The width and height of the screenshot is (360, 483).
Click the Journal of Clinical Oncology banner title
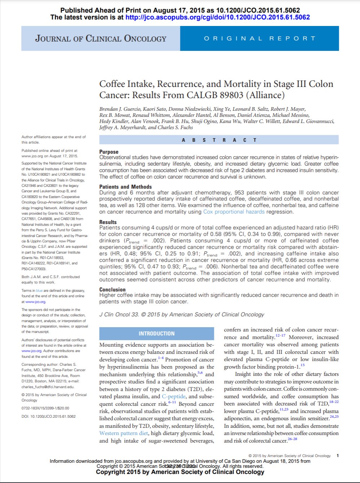pos(101,39)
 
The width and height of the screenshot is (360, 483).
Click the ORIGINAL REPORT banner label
pos(260,39)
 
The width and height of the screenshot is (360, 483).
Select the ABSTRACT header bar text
pos(219,140)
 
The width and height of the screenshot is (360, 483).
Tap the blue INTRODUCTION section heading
pos(157,334)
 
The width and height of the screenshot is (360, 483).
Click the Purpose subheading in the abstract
pos(109,152)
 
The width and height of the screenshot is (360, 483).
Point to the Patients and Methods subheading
pos(126,187)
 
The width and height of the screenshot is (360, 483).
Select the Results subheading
pos(108,222)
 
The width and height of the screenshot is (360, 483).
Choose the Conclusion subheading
pos(113,289)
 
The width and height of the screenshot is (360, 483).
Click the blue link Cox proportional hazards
pos(234,212)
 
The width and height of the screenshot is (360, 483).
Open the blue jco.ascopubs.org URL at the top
pos(218,17)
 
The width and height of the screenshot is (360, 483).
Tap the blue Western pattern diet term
pos(124,433)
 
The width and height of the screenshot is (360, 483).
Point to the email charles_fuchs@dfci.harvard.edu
pos(48,387)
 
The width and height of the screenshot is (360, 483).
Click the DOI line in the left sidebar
pos(48,416)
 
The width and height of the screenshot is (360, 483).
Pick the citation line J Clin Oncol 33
pos(119,315)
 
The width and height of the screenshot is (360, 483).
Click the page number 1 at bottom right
pos(338,456)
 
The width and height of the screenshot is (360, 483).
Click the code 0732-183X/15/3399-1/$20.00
pos(45,408)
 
